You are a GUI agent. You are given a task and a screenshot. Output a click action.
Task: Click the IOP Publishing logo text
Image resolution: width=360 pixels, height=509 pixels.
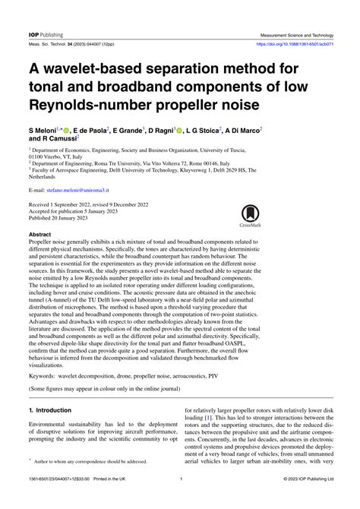point(36,14)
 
